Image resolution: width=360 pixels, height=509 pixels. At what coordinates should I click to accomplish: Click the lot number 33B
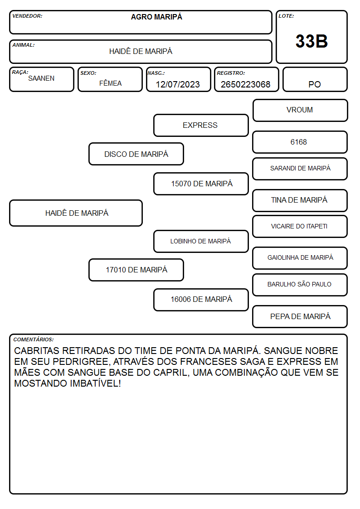coord(311,41)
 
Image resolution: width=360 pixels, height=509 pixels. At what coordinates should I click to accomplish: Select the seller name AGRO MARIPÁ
coord(156,17)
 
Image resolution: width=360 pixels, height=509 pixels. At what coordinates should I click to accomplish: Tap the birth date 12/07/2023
coord(178,84)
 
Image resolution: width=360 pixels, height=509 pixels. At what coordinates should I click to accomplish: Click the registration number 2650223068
coord(245,84)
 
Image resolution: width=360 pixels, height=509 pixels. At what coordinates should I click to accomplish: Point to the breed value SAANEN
coord(41,78)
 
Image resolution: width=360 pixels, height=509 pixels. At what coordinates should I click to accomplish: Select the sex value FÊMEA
coord(110,83)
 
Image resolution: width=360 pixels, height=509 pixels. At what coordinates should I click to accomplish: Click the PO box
coord(315,79)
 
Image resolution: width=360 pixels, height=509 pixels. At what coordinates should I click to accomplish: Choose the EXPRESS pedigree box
coord(201,125)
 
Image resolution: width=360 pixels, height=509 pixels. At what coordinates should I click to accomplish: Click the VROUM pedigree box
coord(300,111)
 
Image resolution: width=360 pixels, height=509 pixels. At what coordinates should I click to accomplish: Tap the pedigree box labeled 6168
coord(300,142)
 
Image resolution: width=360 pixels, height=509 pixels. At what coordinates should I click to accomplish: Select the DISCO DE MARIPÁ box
coord(136,154)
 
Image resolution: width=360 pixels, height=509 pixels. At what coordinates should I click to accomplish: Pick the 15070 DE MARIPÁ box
coord(201,184)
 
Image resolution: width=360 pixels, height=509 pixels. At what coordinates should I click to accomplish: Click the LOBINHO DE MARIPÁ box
coord(201,241)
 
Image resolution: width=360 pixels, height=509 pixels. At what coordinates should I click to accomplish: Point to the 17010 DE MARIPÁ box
coord(136,270)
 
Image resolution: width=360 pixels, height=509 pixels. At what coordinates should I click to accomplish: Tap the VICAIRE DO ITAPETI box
coord(300,226)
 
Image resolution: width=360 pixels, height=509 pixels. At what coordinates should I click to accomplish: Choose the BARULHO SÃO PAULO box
coord(300,285)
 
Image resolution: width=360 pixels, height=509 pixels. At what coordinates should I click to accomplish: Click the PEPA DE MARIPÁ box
coord(300,316)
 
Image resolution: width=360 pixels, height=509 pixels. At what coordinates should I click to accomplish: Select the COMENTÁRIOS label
coord(34,339)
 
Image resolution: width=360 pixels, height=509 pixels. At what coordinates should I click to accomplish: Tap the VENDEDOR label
coord(27,16)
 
